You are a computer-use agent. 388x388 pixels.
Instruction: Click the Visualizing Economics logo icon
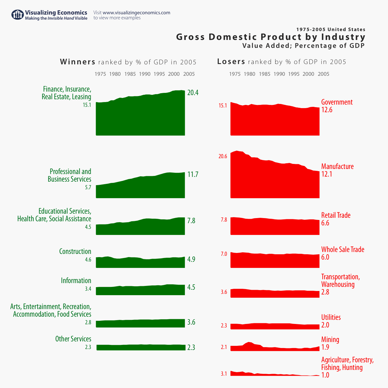coord(17,15)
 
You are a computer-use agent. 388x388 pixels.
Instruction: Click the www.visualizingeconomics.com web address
coord(136,13)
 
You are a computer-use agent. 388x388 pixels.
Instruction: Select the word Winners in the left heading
coord(78,61)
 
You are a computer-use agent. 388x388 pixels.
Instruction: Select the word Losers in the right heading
coord(231,61)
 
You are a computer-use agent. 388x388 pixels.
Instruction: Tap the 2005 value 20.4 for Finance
coord(193,93)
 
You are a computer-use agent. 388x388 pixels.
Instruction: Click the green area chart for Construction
coord(140,262)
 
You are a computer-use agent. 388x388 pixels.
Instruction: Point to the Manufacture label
coord(337,166)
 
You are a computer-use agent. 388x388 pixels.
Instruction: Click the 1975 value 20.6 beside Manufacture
coord(223,156)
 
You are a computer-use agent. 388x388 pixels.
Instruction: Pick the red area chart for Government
coord(275,120)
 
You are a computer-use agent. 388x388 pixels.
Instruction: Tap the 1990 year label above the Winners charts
coord(145,74)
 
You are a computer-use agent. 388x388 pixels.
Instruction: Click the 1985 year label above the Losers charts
coord(264,74)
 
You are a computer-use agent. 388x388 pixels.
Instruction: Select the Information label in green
coord(76,281)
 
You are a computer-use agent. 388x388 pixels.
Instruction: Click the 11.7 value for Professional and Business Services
coord(193,174)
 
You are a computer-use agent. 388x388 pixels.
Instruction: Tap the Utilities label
coord(331,317)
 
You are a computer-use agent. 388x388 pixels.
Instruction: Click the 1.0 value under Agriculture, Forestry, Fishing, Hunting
coord(325,375)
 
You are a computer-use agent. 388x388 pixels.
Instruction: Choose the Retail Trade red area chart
coord(275,227)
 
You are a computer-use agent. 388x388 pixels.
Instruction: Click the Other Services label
coord(73,339)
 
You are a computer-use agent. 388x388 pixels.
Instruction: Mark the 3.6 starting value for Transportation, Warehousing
coord(224,292)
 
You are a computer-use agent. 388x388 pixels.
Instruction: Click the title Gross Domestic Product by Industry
coord(271,37)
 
